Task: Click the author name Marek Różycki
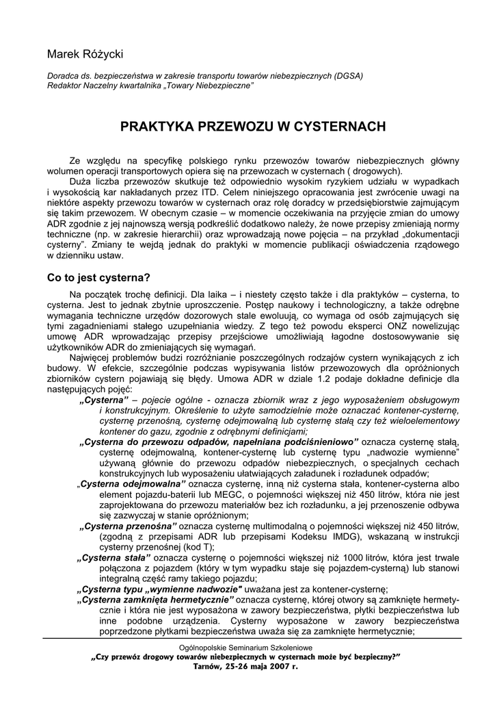click(85, 53)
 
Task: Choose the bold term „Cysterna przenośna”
click(129, 526)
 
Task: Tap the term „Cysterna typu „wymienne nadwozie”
click(160, 589)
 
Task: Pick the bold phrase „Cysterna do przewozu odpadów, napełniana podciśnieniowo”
click(219, 443)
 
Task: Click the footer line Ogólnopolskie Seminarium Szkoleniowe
click(247, 646)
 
